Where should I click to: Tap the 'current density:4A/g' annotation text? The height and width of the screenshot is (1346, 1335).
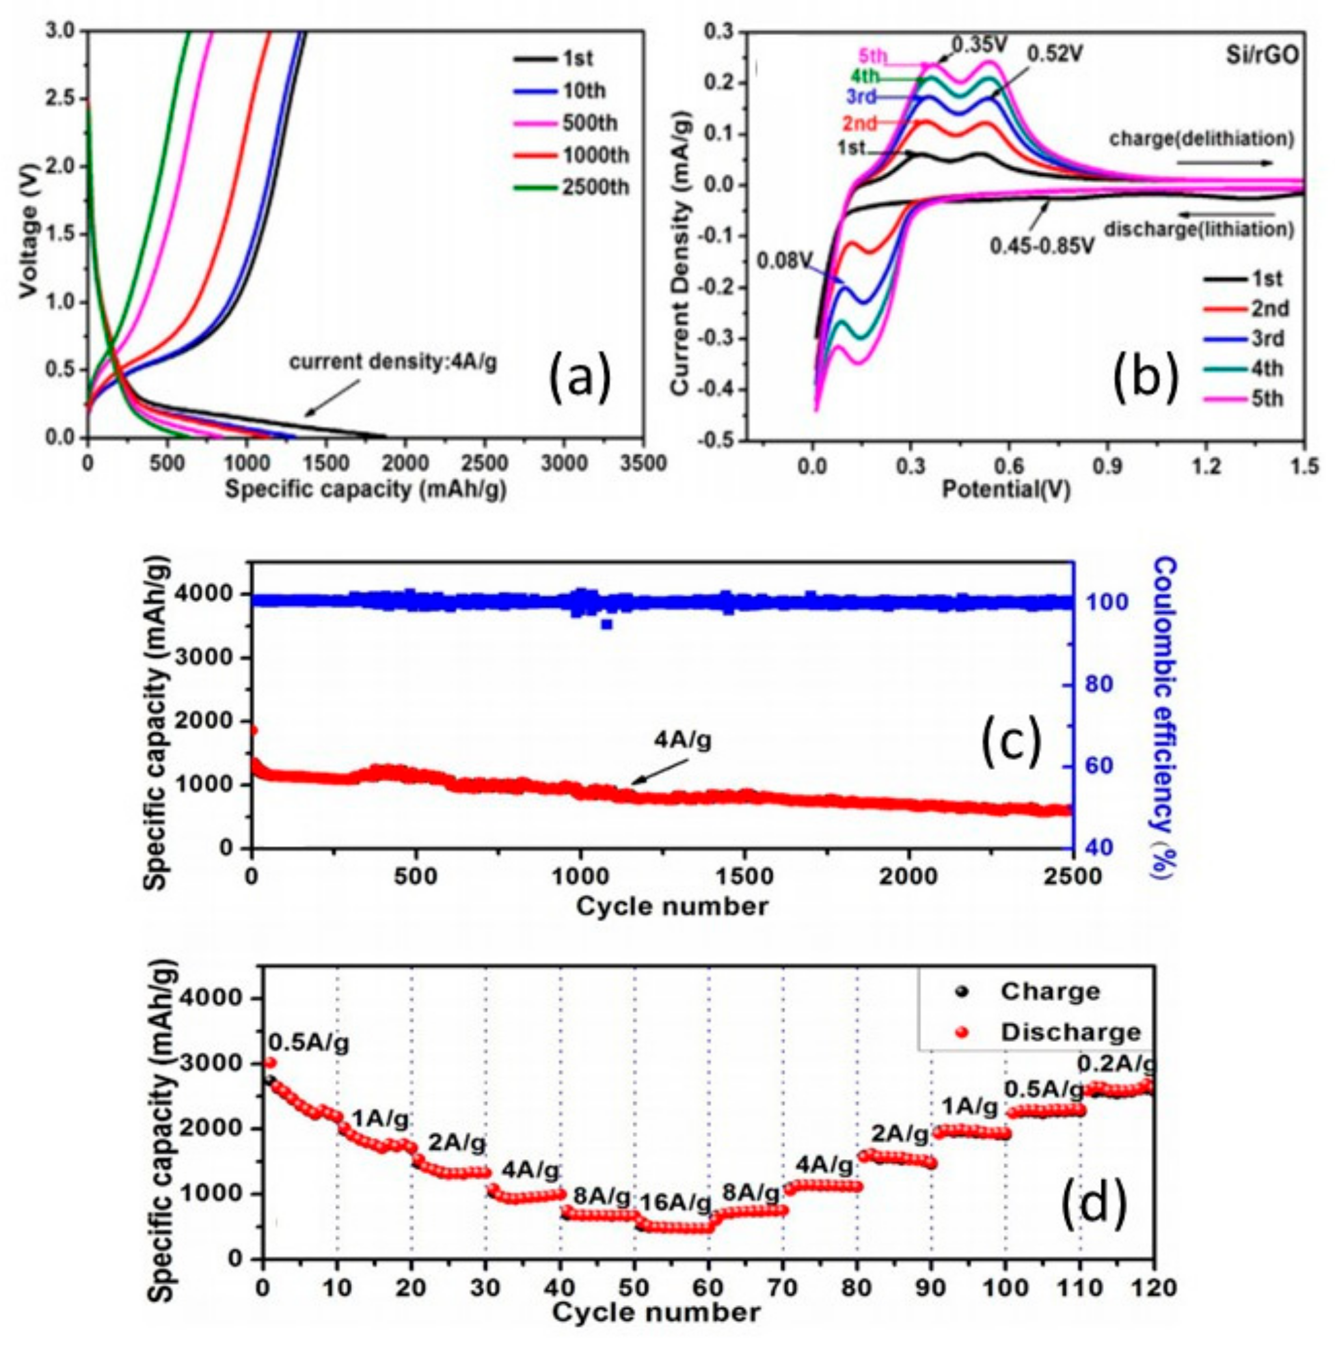pos(393,363)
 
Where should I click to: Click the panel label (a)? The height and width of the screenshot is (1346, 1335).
pos(580,378)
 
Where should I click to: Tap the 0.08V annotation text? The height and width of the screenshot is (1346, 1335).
pos(785,261)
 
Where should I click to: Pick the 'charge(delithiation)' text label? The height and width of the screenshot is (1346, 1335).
pos(1201,139)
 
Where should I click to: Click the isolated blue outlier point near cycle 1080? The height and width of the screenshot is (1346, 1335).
pos(606,624)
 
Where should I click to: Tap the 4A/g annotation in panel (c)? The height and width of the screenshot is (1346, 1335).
pos(682,741)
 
